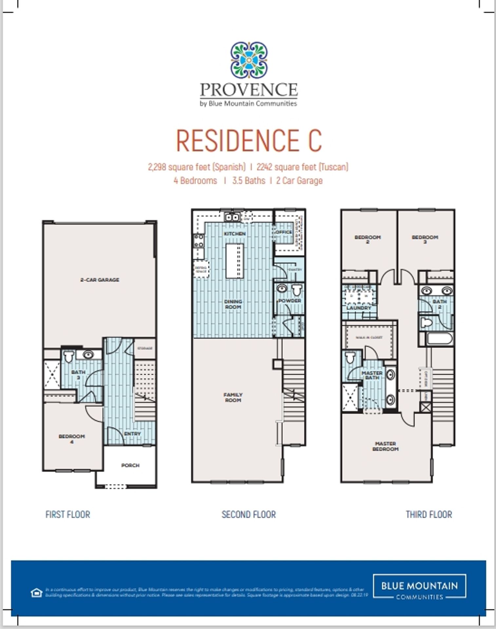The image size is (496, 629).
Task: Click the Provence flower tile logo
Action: (249, 60)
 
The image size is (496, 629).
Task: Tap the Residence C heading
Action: (249, 141)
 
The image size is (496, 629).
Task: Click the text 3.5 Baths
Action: (249, 181)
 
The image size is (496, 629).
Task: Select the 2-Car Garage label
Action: (100, 280)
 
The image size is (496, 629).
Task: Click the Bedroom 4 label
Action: (72, 439)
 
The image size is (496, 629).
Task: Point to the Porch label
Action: (130, 465)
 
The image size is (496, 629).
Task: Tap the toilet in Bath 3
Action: (68, 357)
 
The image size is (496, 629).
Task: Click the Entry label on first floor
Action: (132, 433)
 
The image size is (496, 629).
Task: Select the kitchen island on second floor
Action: (235, 260)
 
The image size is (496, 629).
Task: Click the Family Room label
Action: (233, 397)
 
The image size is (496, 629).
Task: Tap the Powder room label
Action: (290, 300)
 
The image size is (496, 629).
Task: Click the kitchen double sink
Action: (232, 217)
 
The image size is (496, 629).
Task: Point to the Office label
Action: (284, 232)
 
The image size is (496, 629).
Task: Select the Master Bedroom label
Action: (386, 446)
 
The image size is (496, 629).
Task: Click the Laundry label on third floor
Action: (359, 308)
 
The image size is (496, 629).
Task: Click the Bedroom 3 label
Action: (425, 239)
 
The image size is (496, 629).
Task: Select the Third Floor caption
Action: (429, 515)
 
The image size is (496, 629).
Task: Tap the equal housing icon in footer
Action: (37, 593)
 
